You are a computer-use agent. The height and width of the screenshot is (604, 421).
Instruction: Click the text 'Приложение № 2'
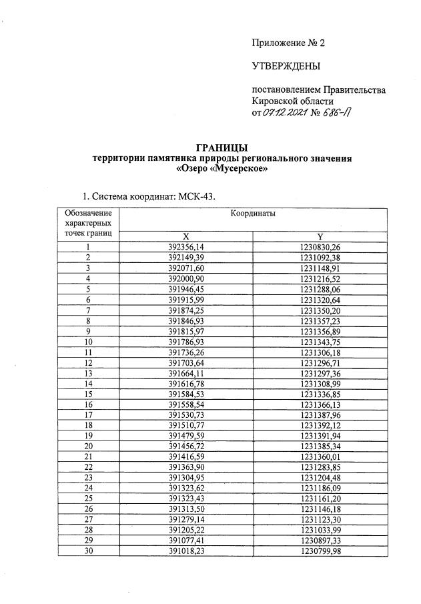[288, 43]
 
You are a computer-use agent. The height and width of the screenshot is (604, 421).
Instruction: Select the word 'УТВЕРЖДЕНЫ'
[286, 66]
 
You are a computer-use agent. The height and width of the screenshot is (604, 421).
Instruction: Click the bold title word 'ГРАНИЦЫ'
[220, 147]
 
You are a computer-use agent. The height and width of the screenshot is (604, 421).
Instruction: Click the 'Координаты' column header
[253, 214]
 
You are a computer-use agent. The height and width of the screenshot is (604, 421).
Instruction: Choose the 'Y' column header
[320, 236]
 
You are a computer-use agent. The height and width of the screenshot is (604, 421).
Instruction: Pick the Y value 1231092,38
[320, 257]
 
